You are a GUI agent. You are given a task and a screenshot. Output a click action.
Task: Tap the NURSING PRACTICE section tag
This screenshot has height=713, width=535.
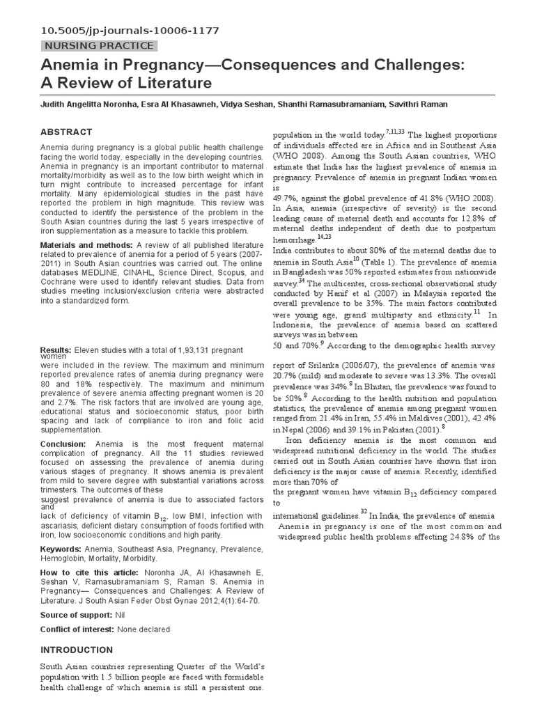98,46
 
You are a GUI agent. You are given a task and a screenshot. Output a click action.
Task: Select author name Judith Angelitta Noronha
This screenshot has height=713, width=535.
93,104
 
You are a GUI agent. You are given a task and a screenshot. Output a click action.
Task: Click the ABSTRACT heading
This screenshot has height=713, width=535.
66,132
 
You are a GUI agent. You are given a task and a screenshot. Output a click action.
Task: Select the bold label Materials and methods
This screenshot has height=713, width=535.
86,245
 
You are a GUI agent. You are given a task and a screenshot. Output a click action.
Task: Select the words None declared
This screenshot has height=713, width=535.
143,629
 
